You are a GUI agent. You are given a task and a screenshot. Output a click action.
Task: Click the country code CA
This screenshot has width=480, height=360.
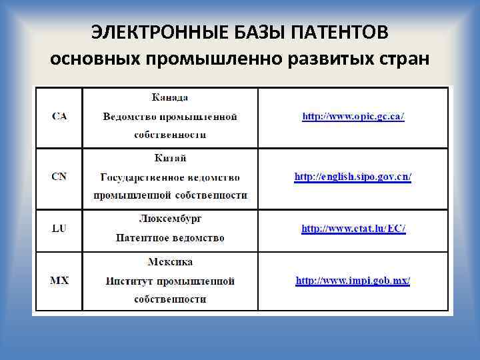tap(59, 117)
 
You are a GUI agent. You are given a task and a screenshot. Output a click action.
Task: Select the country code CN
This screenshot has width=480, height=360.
tap(59, 177)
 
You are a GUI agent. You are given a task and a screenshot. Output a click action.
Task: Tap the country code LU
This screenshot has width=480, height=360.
tap(59, 229)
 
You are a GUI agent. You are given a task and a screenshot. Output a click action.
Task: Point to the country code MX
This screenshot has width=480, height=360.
tap(59, 281)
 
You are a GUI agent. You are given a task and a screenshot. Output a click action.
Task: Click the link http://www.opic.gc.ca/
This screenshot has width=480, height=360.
tap(353, 117)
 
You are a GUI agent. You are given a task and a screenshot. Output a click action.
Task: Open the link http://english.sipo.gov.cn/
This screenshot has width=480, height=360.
tap(353, 177)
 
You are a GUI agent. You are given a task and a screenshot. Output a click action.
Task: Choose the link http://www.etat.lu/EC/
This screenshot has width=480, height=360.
tap(353, 229)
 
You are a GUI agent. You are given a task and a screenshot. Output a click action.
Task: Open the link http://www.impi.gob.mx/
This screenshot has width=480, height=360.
tap(353, 281)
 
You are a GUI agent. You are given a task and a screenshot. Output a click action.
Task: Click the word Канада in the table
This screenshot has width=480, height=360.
tap(170, 97)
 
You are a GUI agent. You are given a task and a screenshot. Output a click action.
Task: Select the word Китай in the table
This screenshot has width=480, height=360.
tap(170, 158)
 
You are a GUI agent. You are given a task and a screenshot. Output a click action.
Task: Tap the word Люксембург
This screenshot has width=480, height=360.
tap(170, 218)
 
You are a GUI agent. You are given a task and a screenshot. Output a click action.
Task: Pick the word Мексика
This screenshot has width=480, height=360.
tap(170, 262)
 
